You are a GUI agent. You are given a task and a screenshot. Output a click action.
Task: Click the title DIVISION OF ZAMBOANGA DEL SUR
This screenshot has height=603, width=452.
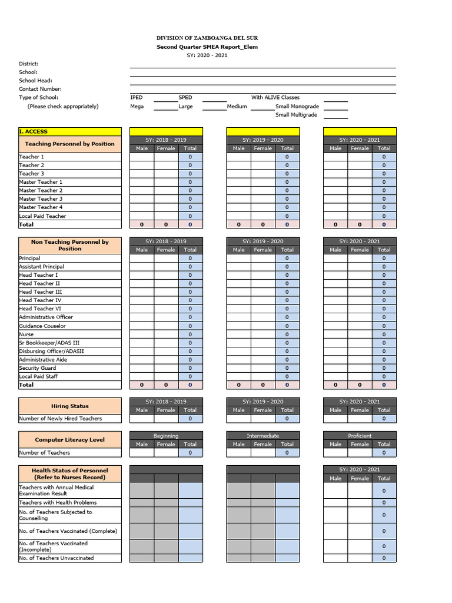pyautogui.click(x=207, y=38)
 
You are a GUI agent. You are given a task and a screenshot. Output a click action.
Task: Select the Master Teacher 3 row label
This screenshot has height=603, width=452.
pyautogui.click(x=41, y=199)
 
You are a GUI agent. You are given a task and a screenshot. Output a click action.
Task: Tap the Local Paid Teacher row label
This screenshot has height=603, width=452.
pyautogui.click(x=42, y=216)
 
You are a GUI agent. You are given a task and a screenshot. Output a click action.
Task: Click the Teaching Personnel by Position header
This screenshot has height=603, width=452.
pyautogui.click(x=70, y=144)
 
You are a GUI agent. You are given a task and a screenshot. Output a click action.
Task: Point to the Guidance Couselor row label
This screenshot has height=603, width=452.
pyautogui.click(x=42, y=326)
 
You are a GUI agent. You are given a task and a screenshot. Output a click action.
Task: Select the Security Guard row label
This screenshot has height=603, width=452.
pyautogui.click(x=38, y=368)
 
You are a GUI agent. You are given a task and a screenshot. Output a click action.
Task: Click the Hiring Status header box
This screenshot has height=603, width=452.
pyautogui.click(x=70, y=406)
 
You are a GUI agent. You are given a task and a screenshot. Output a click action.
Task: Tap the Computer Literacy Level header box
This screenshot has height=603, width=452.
pyautogui.click(x=70, y=440)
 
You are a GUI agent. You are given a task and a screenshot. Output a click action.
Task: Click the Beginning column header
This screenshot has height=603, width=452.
pyautogui.click(x=166, y=436)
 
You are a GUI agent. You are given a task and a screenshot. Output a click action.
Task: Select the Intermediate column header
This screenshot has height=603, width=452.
pyautogui.click(x=263, y=436)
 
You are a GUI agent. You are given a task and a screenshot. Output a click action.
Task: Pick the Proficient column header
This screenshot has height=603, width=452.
pyautogui.click(x=360, y=436)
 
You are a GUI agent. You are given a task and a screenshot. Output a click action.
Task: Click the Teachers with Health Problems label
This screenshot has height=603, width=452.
pyautogui.click(x=58, y=503)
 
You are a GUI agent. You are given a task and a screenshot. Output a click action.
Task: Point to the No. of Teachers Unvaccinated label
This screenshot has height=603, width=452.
pyautogui.click(x=56, y=558)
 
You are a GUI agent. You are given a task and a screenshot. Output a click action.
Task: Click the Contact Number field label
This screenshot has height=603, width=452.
pyautogui.click(x=40, y=89)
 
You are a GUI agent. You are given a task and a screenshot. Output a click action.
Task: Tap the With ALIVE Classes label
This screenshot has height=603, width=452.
pyautogui.click(x=275, y=98)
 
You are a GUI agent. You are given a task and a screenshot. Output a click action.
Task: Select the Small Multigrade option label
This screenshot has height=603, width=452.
pyautogui.click(x=297, y=115)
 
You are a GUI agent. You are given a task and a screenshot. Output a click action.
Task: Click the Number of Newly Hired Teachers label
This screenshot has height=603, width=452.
pyautogui.click(x=61, y=419)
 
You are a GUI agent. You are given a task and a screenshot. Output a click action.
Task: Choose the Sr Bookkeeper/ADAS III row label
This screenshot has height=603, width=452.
pyautogui.click(x=49, y=343)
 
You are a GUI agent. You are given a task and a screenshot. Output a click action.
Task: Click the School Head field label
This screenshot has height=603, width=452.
pyautogui.click(x=35, y=81)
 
